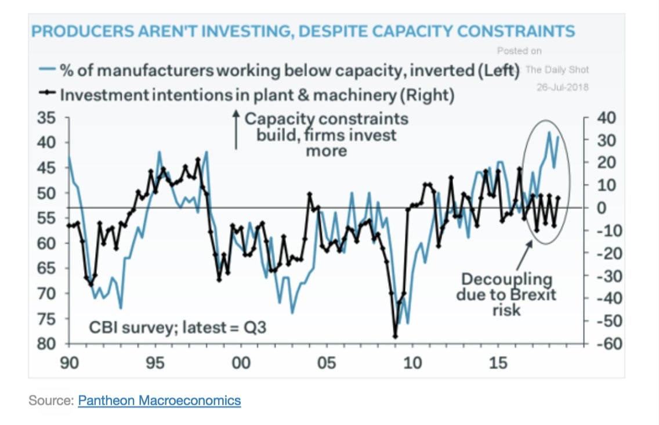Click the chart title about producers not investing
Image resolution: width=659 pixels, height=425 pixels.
pyautogui.click(x=303, y=31)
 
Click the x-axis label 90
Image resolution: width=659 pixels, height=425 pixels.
pyautogui.click(x=70, y=363)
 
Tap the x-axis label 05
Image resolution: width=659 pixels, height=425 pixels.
pyautogui.click(x=327, y=363)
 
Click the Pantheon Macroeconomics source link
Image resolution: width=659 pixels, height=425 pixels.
pyautogui.click(x=159, y=401)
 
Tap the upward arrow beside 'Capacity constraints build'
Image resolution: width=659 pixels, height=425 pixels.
pyautogui.click(x=236, y=131)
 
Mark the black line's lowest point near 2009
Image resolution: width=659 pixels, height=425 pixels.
pyautogui.click(x=396, y=336)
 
